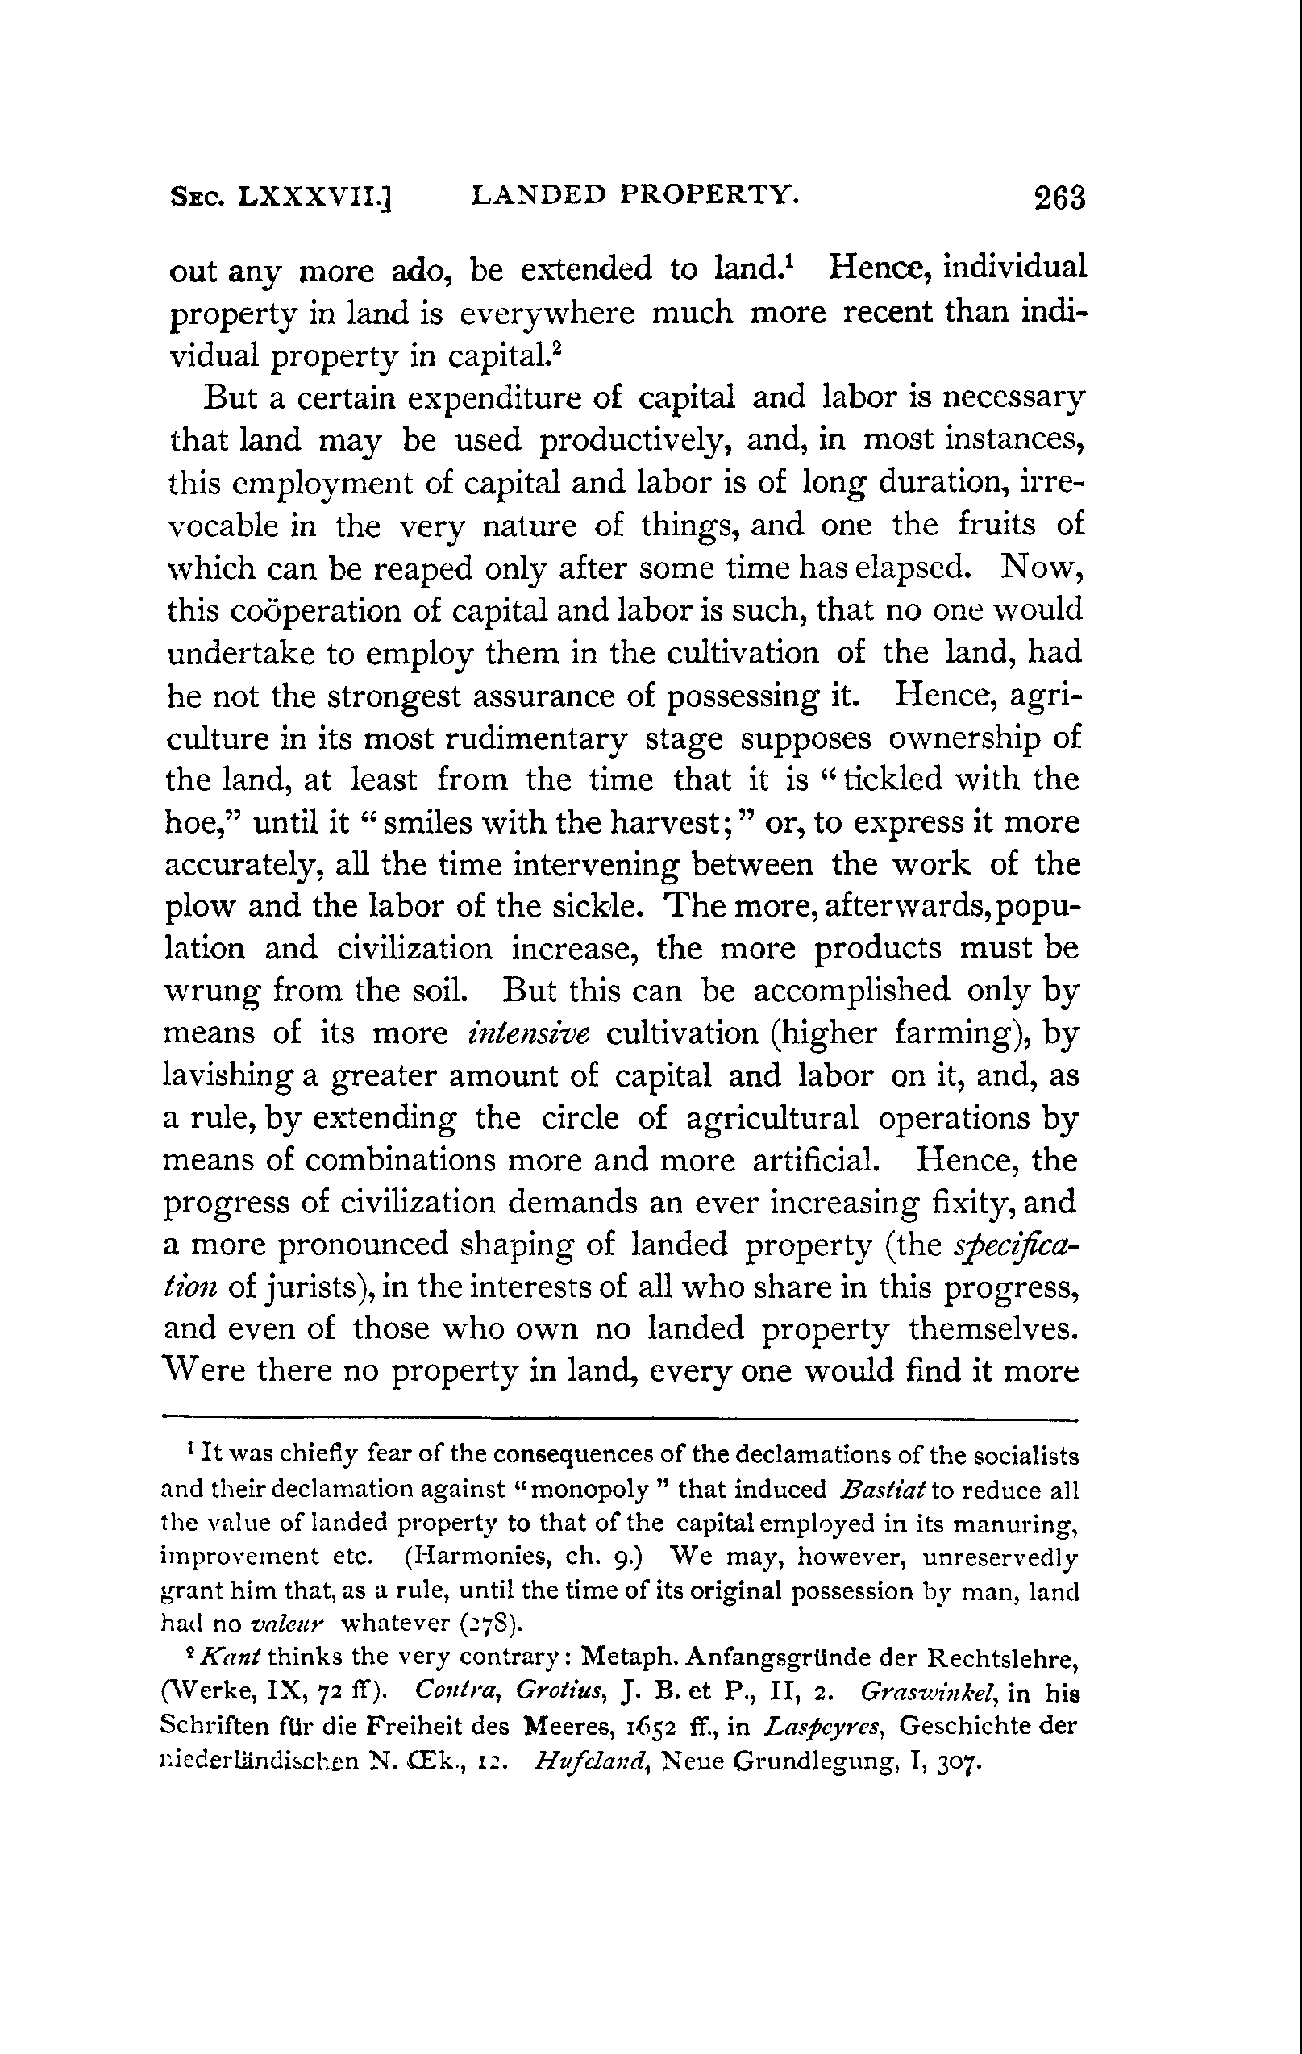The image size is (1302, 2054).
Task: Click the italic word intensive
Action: [x=529, y=1033]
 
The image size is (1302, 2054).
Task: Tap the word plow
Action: [x=197, y=907]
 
